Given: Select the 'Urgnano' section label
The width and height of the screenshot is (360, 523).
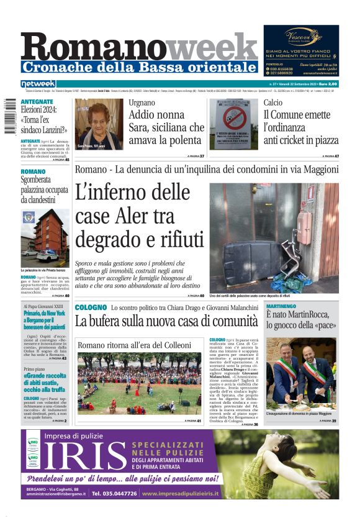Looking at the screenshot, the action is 142,103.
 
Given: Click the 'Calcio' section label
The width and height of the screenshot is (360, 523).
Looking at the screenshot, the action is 272,103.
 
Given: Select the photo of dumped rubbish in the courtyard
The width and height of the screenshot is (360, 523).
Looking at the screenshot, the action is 274,230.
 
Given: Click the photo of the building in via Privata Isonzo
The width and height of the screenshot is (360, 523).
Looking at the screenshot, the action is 45,237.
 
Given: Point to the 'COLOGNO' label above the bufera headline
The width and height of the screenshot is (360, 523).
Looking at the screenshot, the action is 91,307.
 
